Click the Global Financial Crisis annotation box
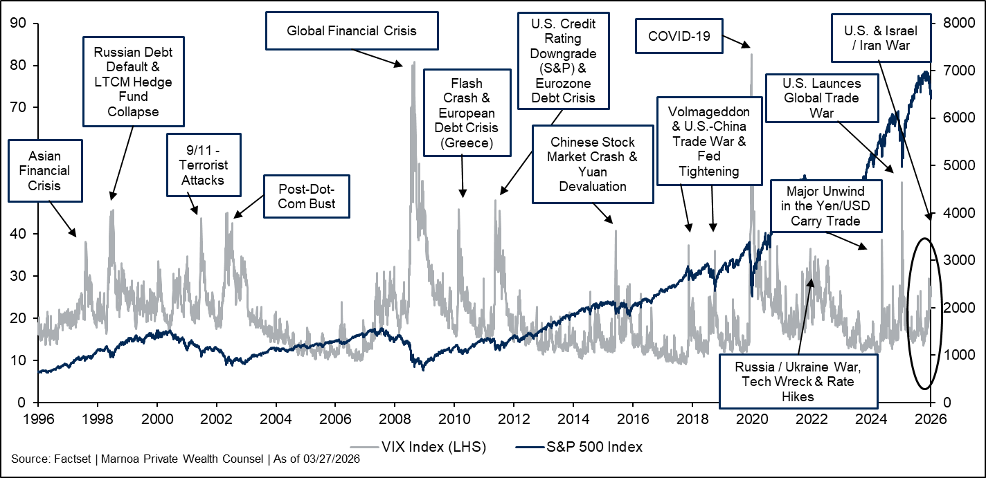pos(352,30)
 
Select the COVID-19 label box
pos(679,37)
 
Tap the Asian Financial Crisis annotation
pos(45,169)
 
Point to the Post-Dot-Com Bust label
pos(306,196)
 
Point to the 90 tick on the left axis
pos(19,24)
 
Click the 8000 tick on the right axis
pos(954,24)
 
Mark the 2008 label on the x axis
pos(395,419)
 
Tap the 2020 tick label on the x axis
pos(752,419)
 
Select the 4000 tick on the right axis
pos(954,213)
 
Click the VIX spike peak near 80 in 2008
pos(413,63)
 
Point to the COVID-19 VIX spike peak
pos(751,53)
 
